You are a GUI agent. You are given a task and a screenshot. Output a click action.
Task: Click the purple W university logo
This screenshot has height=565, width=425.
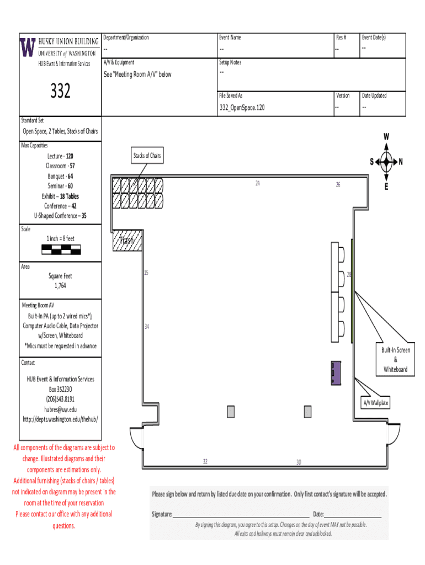pyautogui.click(x=28, y=48)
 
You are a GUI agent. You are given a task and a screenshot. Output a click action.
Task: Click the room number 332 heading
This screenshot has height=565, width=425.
pyautogui.click(x=60, y=90)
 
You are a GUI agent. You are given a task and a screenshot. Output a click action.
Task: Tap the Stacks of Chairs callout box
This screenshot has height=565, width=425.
pyautogui.click(x=147, y=156)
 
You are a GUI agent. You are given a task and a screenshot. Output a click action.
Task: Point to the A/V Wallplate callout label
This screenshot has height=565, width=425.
pyautogui.click(x=375, y=403)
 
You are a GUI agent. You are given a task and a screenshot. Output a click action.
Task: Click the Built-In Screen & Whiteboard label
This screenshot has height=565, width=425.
pyautogui.click(x=395, y=360)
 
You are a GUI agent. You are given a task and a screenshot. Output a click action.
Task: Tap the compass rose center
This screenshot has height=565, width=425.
pyautogui.click(x=386, y=162)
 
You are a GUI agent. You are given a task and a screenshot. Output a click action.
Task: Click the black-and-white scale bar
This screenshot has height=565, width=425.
pyautogui.click(x=61, y=249)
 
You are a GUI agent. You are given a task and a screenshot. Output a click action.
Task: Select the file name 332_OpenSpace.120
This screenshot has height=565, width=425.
pyautogui.click(x=242, y=108)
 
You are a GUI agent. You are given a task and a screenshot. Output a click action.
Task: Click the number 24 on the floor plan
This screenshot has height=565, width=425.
pyautogui.click(x=257, y=183)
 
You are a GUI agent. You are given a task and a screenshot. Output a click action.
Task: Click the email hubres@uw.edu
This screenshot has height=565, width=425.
pyautogui.click(x=61, y=409)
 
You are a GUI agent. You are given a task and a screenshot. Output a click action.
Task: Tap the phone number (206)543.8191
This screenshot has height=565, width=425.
pyautogui.click(x=61, y=399)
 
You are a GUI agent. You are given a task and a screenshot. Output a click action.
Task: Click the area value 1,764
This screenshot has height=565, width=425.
pyautogui.click(x=60, y=286)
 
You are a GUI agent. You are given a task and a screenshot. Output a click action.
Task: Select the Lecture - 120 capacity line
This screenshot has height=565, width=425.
pyautogui.click(x=60, y=156)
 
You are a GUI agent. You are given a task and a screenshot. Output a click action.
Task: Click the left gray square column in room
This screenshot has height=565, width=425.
pyautogui.click(x=231, y=412)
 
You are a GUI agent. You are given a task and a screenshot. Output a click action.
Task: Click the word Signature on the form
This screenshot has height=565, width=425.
pyautogui.click(x=162, y=514)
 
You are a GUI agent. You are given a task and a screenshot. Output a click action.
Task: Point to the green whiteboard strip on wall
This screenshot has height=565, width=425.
pyautogui.click(x=352, y=290)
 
